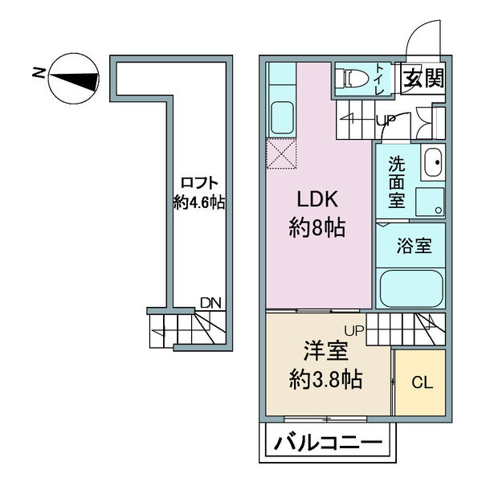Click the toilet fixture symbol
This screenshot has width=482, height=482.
click(x=353, y=78)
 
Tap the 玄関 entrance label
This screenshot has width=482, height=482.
click(x=424, y=78)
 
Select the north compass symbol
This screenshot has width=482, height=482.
click(x=74, y=79)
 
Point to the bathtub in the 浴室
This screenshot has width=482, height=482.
click(x=411, y=288)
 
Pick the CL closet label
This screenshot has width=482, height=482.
click(x=423, y=382)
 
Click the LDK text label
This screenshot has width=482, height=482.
click(x=317, y=199)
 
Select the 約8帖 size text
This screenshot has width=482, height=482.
click(x=317, y=228)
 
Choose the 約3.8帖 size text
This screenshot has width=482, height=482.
click(x=325, y=379)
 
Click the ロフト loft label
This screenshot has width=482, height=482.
click(x=199, y=183)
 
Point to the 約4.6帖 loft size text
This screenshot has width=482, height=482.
click(x=199, y=202)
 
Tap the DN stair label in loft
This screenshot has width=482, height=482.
click(x=210, y=303)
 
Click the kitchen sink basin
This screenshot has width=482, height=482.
click(x=282, y=118)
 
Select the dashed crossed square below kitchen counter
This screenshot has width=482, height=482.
click(x=281, y=153)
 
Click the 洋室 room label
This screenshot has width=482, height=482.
click(x=325, y=351)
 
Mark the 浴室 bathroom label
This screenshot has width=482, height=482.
click(x=414, y=245)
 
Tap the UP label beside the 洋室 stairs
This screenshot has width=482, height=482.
click(x=354, y=331)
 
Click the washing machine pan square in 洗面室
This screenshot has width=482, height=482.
click(x=430, y=202)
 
